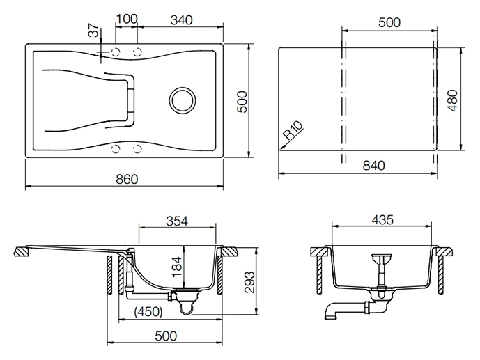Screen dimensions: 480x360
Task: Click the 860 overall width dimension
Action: coord(127,179)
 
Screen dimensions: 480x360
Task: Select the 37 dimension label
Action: coord(94,30)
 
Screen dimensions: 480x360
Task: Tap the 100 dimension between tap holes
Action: coord(127,19)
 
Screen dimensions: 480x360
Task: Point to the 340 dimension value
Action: coord(181,20)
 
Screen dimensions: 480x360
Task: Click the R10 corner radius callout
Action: coord(293,130)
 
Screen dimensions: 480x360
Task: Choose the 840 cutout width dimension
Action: coord(373,166)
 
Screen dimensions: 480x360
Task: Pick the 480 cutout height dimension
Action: coord(452,101)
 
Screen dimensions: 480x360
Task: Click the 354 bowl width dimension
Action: coord(177,221)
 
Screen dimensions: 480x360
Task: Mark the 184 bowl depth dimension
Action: coord(177,267)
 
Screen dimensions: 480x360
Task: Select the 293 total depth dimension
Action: coord(250,282)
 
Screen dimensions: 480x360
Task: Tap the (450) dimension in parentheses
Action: coord(148,312)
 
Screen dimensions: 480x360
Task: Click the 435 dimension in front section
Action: coord(382,219)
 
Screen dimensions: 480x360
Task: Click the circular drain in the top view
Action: coord(182,100)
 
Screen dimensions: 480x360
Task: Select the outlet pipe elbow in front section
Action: coord(330,311)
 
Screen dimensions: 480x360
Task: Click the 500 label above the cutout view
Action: coord(389,23)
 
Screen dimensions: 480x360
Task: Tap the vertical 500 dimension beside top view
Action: coord(242,102)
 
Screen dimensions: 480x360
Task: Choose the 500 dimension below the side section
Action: coord(166,336)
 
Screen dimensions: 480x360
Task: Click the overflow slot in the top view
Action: coord(132,101)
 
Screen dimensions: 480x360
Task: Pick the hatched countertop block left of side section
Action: coord(22,251)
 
